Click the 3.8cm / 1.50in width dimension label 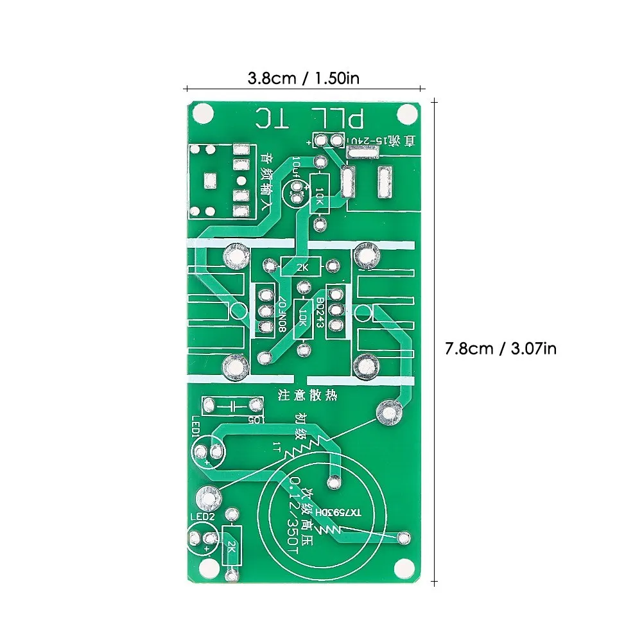pyautogui.click(x=303, y=78)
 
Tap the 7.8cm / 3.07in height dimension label pyautogui.click(x=501, y=349)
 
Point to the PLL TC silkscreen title pyautogui.click(x=310, y=118)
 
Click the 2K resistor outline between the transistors pyautogui.click(x=305, y=265)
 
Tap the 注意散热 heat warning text pyautogui.click(x=307, y=396)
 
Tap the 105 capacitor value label pyautogui.click(x=255, y=420)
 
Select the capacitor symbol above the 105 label pyautogui.click(x=232, y=405)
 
